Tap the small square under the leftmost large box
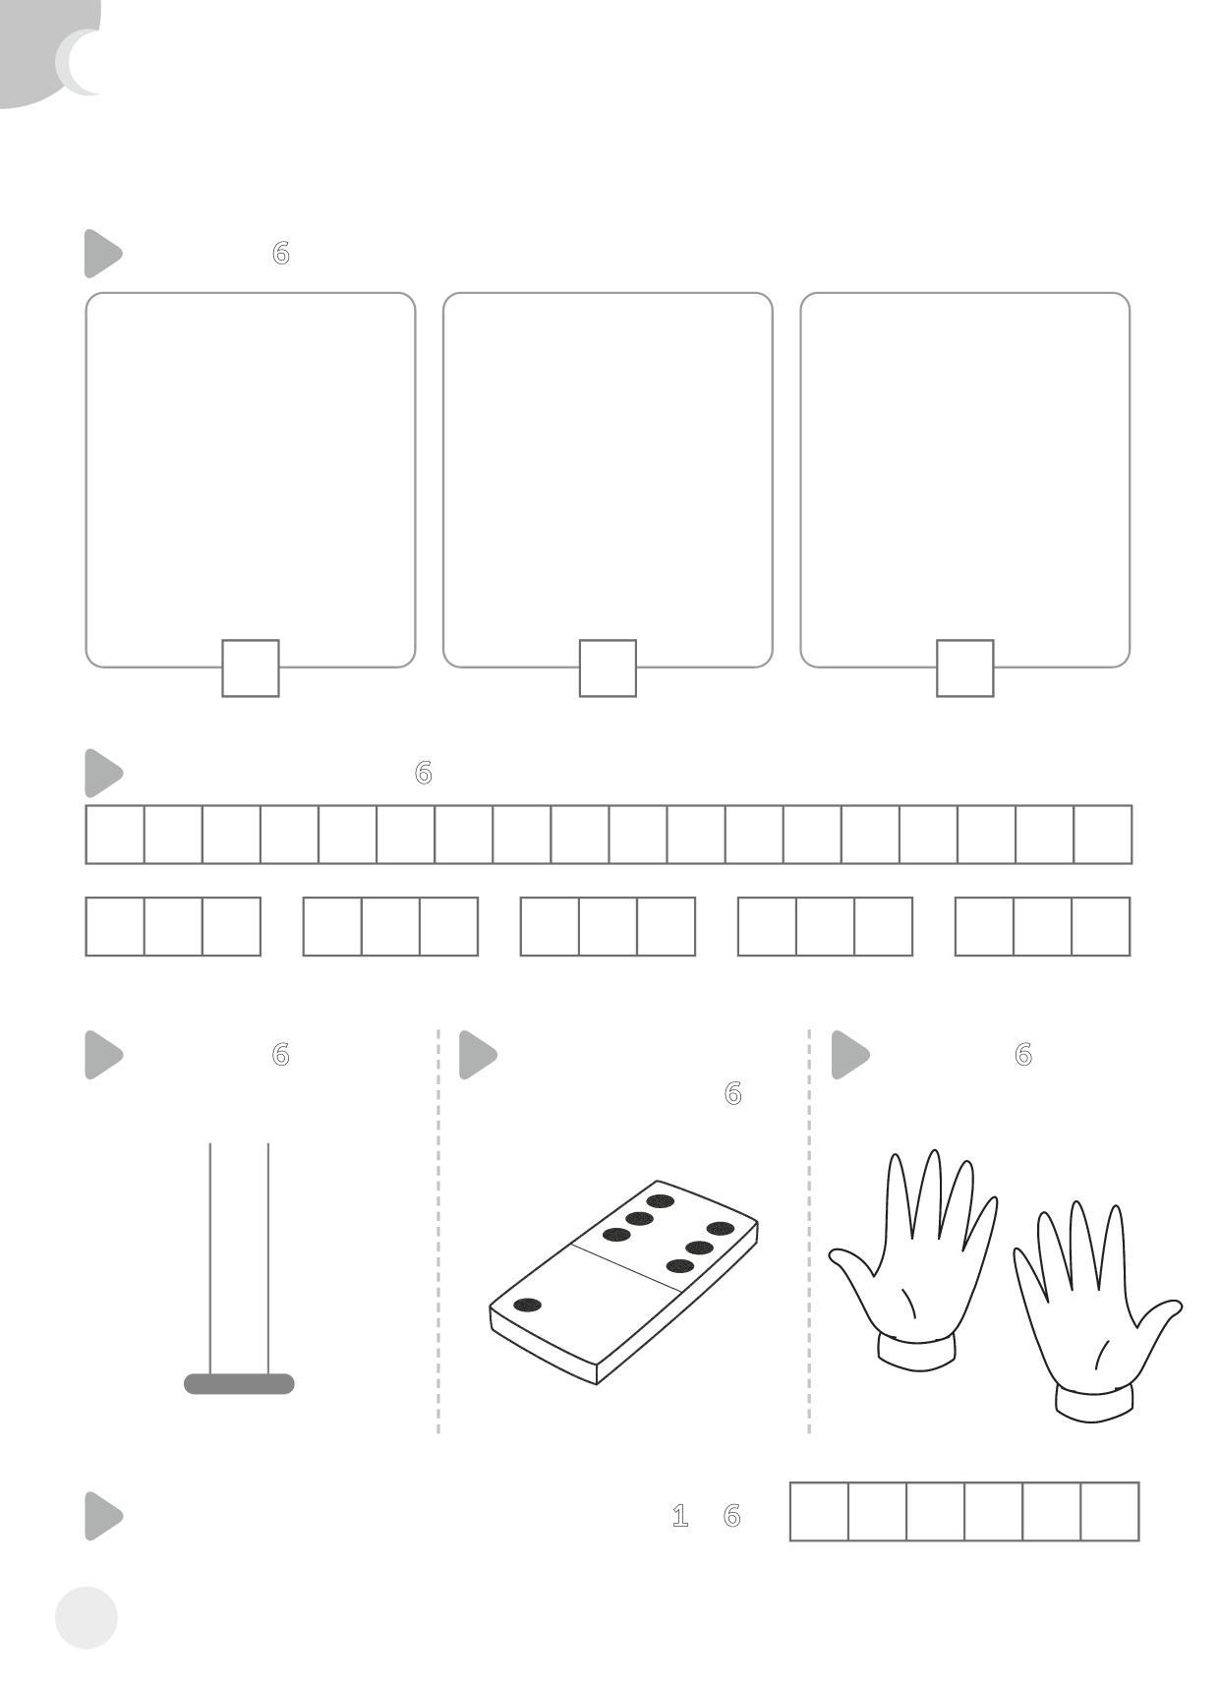251,668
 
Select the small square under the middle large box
608,668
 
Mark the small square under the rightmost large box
964,668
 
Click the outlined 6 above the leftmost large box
280,253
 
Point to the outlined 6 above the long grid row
423,772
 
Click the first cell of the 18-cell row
115,834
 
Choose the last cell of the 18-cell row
1102,834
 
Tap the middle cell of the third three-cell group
608,925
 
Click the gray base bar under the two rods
239,1383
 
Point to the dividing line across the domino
626,1267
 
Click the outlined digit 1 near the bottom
680,1516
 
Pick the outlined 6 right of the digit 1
731,1516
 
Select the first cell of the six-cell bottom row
819,1511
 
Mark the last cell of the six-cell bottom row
1110,1511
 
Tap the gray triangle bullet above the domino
478,1054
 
